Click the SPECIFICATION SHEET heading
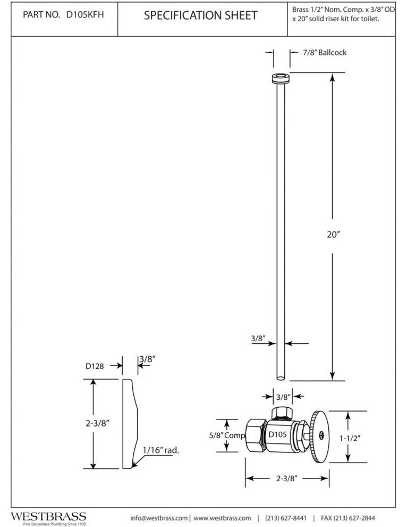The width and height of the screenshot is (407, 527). tap(200, 15)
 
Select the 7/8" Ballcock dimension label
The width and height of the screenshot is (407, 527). tap(325, 53)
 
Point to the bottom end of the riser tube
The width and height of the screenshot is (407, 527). tap(280, 377)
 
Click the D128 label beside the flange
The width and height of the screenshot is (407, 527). tap(94, 366)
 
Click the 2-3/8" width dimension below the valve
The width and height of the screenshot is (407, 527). tap(286, 478)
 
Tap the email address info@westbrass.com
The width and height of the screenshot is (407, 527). tap(159, 517)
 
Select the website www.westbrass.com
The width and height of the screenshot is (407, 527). tap(222, 517)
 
